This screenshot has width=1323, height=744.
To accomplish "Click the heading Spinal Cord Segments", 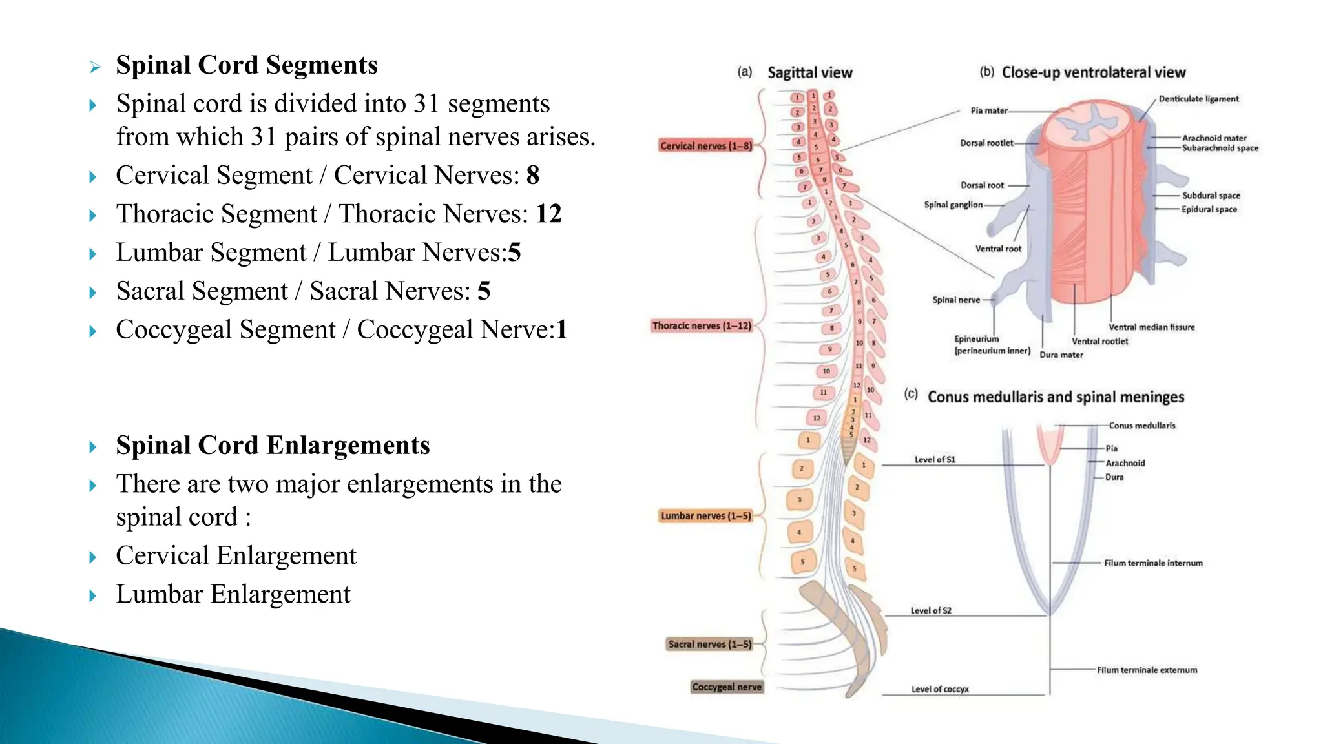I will (247, 65).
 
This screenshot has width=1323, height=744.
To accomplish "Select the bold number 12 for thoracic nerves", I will (548, 214).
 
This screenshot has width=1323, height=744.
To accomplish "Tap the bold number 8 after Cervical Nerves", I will (533, 175).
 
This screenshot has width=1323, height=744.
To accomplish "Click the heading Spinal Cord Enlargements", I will (273, 446).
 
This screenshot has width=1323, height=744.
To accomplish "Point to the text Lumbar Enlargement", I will (233, 594).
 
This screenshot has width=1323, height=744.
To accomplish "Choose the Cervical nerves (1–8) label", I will (706, 146).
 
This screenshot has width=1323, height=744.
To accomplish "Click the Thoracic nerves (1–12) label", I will (702, 326).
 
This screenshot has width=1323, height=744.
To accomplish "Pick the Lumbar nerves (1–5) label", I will (706, 516).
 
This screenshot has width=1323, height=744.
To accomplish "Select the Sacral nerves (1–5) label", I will (710, 645).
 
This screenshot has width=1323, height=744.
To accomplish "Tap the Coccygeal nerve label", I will (727, 687).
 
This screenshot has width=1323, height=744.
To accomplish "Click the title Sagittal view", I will (809, 72).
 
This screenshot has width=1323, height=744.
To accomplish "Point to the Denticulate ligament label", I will (1198, 99).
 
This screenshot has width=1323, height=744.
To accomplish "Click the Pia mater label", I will (989, 110).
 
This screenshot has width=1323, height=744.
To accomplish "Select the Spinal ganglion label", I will (953, 205).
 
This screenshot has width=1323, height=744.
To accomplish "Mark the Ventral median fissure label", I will (1152, 327).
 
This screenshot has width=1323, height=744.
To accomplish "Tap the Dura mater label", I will (1061, 355).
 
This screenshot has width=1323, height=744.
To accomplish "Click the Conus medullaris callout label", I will (1142, 426).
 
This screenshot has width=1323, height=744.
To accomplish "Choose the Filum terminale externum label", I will (1147, 670).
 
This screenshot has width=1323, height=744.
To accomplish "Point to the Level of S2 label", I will (931, 610).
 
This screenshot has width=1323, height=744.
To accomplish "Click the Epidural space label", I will (1209, 209).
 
